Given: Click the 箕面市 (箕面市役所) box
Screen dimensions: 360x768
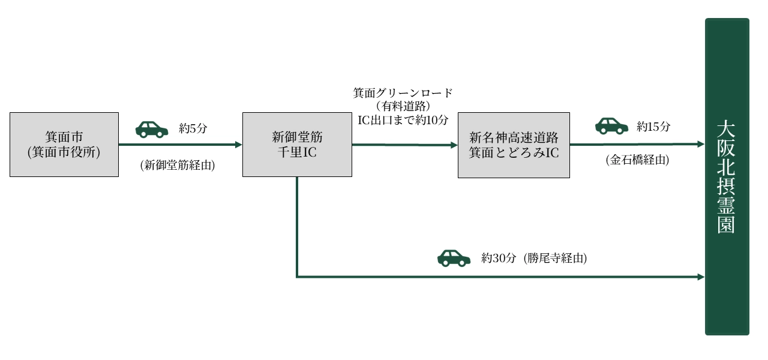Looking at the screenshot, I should (64, 145).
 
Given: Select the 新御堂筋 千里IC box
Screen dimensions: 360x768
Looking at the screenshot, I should (297, 145).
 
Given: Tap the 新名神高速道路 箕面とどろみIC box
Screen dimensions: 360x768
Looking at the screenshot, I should (514, 145).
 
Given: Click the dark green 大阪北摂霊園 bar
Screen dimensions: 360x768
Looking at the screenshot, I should (727, 176).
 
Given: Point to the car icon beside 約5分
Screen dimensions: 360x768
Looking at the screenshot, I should (152, 129).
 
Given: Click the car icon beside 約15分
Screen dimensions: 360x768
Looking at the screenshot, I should (611, 125).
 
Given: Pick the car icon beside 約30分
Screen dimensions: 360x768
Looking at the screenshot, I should (454, 258).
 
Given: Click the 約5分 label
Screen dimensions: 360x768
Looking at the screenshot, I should (193, 128).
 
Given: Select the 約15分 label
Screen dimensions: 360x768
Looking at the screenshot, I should (653, 127).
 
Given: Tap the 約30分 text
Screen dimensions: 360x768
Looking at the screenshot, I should (499, 259).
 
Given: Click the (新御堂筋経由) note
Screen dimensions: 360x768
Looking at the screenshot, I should (177, 165).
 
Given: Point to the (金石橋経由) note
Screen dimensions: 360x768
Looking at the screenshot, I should (637, 160).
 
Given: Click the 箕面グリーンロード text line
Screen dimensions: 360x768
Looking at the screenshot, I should (403, 93).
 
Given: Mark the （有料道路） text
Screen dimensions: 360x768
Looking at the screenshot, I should (403, 106).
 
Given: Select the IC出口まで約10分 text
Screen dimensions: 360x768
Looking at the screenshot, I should (403, 119).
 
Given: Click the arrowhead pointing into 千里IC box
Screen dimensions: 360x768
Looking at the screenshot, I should (238, 145).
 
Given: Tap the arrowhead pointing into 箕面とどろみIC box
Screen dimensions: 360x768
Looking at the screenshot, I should (454, 145).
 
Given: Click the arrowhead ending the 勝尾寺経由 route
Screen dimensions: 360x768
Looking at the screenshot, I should (700, 277).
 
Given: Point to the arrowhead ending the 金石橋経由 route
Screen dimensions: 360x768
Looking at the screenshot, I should (700, 144).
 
